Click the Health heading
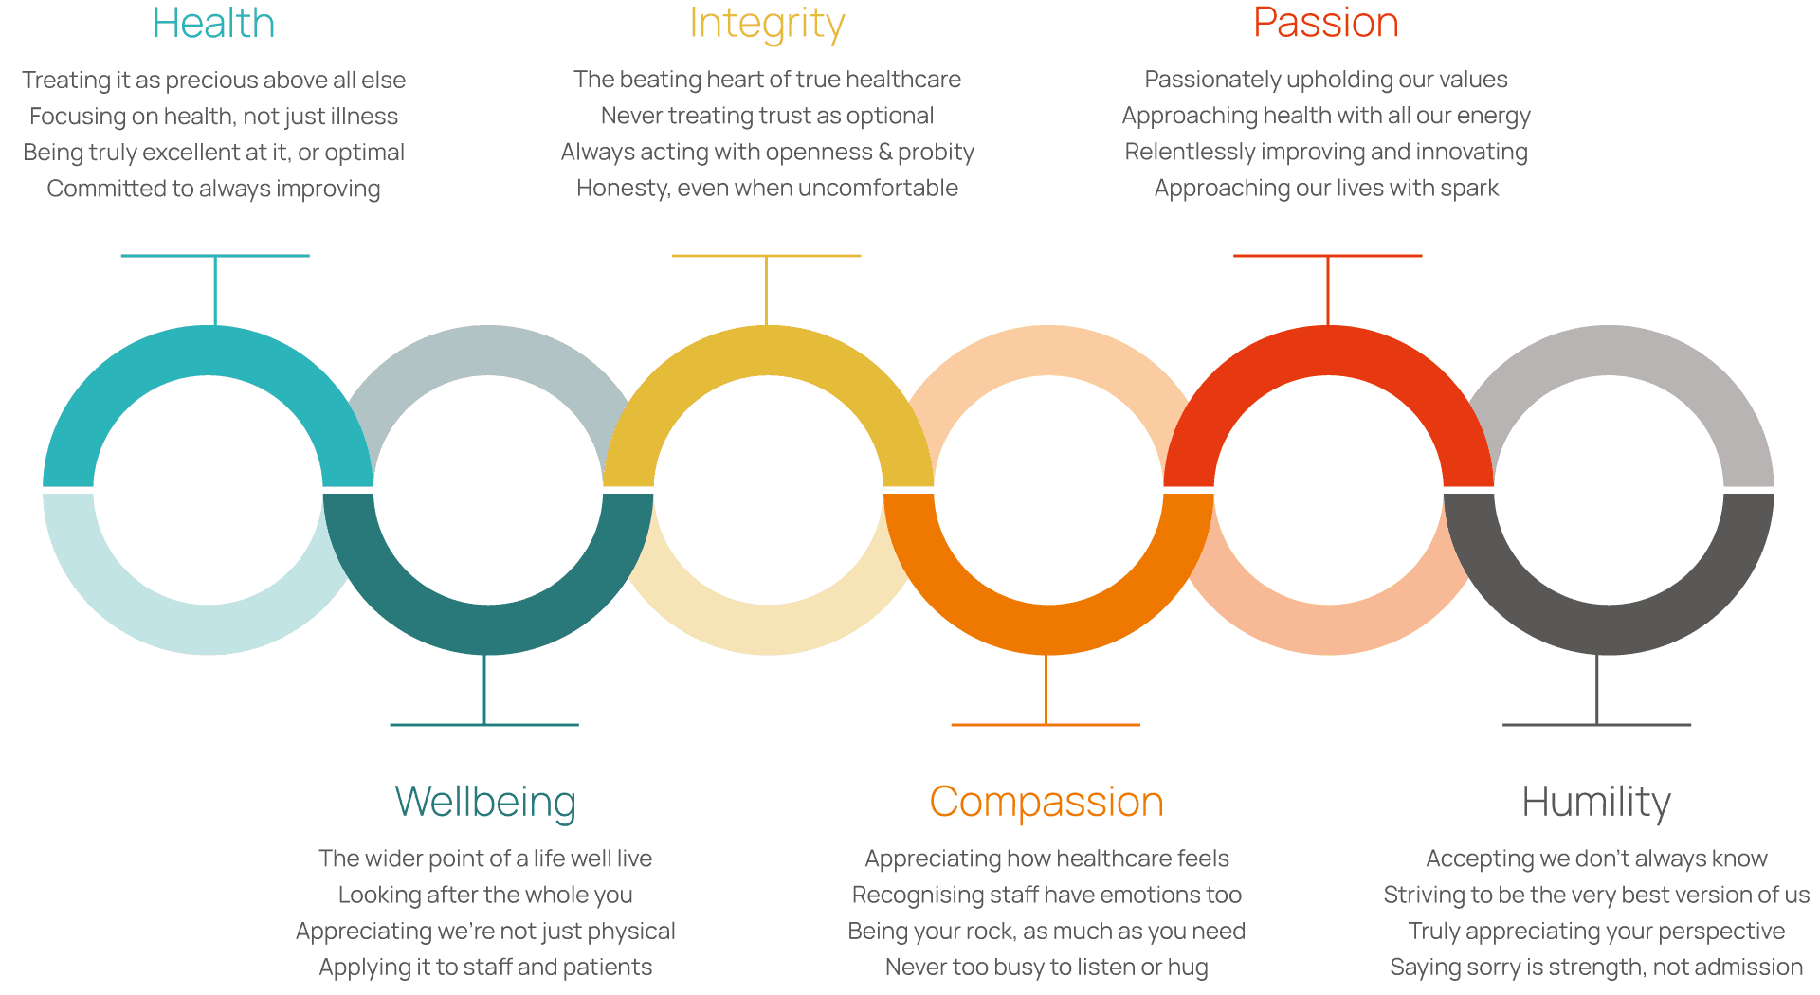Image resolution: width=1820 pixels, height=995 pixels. pyautogui.click(x=213, y=23)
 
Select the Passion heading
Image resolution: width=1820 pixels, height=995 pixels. pyautogui.click(x=1326, y=23)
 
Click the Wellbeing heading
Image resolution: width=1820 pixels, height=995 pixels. pyautogui.click(x=485, y=803)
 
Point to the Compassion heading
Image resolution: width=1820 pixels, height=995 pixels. pyautogui.click(x=1046, y=803)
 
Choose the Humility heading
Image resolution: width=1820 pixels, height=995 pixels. pyautogui.click(x=1596, y=803)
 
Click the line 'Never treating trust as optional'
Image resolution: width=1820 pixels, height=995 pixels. pyautogui.click(x=767, y=116)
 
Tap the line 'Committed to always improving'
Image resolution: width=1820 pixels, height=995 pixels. pyautogui.click(x=213, y=189)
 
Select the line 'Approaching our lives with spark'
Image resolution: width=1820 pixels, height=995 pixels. pyautogui.click(x=1326, y=189)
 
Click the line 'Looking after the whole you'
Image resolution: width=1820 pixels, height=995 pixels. pyautogui.click(x=485, y=895)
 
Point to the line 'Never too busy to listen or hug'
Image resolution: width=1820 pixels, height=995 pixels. pyautogui.click(x=1046, y=968)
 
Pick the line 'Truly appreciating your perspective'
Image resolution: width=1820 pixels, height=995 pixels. pyautogui.click(x=1596, y=932)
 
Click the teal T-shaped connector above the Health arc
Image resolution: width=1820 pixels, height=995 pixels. pyautogui.click(x=215, y=289)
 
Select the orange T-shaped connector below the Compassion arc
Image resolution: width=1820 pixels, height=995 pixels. pyautogui.click(x=1046, y=691)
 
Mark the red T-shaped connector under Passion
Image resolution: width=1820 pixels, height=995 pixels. pyautogui.click(x=1327, y=289)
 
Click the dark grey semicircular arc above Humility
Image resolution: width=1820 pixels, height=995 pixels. pyautogui.click(x=1609, y=629)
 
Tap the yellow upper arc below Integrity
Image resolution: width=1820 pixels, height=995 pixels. pyautogui.click(x=769, y=351)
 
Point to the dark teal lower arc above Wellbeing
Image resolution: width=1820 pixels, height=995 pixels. pyautogui.click(x=488, y=629)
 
